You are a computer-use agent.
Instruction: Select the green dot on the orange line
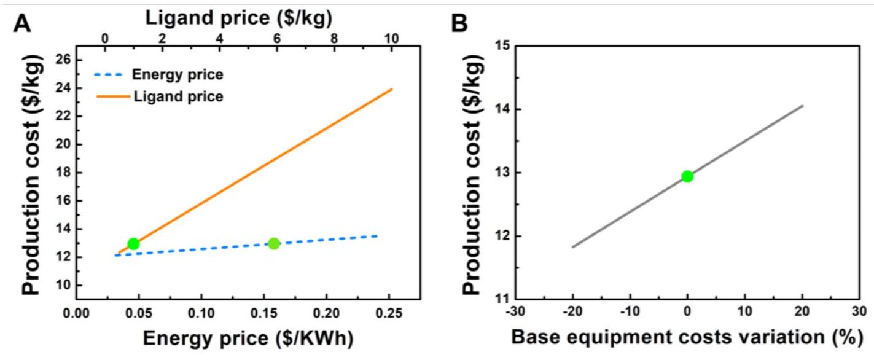coord(133,244)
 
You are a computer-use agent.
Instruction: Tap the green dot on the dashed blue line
coord(274,243)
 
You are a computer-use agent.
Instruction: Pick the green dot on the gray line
coord(687,176)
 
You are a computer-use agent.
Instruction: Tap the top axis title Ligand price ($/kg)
coord(240,18)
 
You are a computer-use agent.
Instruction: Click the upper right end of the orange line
coord(392,89)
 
